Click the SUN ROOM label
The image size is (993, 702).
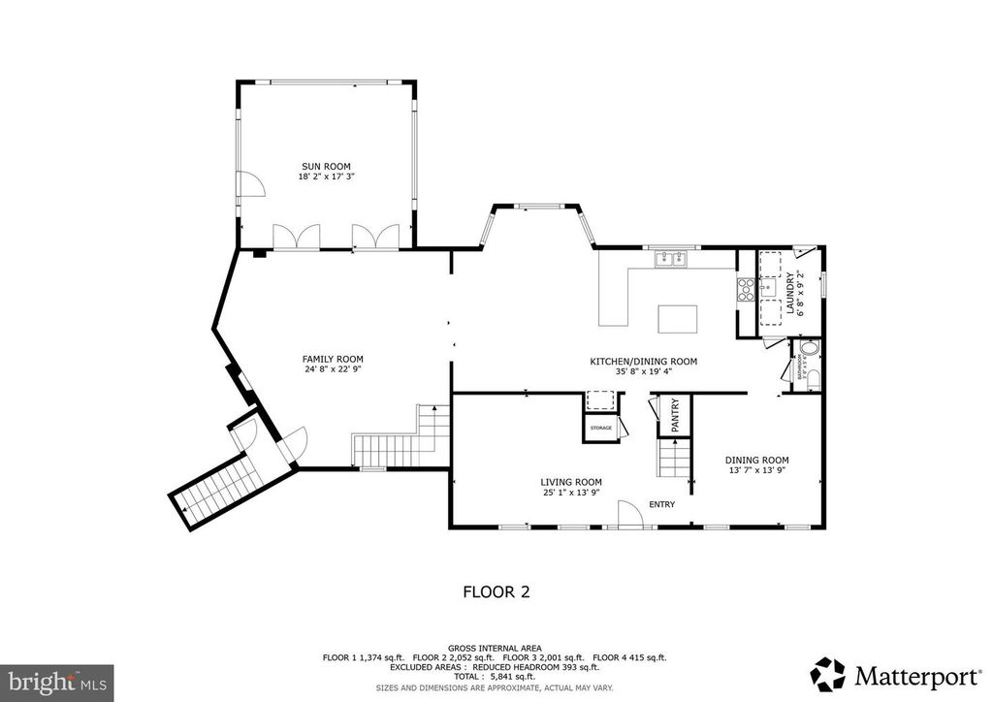point(325,166)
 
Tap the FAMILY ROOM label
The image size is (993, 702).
point(333,359)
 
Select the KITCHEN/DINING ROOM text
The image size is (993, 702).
point(644,362)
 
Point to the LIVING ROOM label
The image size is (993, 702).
point(571,482)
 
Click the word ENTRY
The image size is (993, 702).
point(661,504)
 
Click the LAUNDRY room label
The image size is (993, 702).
point(790,294)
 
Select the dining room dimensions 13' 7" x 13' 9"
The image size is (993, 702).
point(757,471)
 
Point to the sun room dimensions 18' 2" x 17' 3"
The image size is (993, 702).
point(325,176)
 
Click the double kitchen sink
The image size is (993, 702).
point(668,258)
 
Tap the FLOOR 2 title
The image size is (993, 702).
point(496,590)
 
